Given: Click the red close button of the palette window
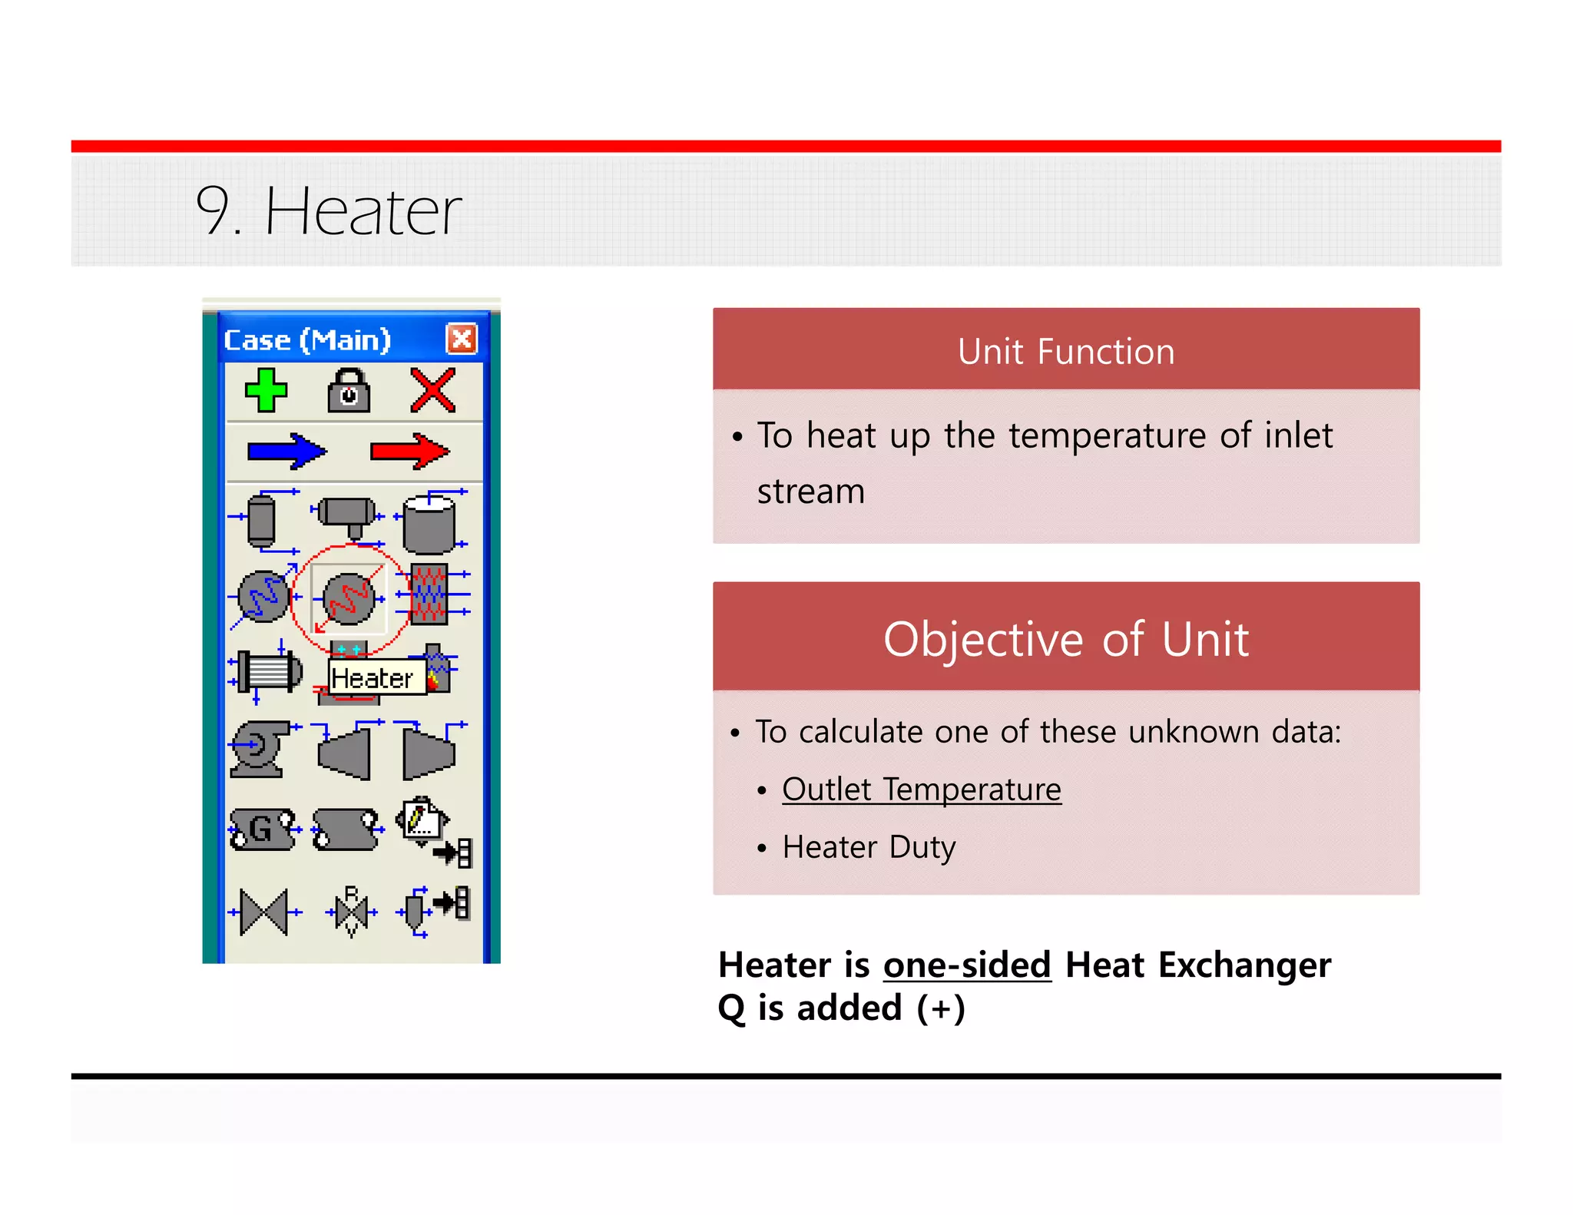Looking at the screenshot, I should [x=462, y=339].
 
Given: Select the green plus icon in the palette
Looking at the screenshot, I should [x=266, y=390].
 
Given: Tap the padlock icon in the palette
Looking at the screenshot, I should [x=349, y=391].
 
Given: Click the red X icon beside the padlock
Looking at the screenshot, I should [x=432, y=390].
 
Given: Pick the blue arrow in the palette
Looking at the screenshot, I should [x=286, y=451].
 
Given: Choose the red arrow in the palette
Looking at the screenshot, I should [x=409, y=451].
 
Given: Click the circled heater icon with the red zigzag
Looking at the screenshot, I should [x=349, y=599].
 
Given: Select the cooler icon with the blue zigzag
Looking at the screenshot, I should [x=263, y=597].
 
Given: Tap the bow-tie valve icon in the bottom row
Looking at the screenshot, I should [x=263, y=912].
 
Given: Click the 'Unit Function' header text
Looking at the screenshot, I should [x=1065, y=352].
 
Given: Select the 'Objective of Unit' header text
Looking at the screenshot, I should [x=1065, y=639].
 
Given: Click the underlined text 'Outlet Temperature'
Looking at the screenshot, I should [x=921, y=790].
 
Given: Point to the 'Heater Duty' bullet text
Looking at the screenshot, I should [x=869, y=847].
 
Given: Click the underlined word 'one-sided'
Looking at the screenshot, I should [x=966, y=965].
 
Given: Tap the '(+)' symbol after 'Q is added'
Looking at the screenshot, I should [x=941, y=1008].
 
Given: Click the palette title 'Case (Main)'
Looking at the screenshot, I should [x=307, y=339].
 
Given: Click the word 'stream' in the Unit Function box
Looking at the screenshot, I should [x=810, y=492].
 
